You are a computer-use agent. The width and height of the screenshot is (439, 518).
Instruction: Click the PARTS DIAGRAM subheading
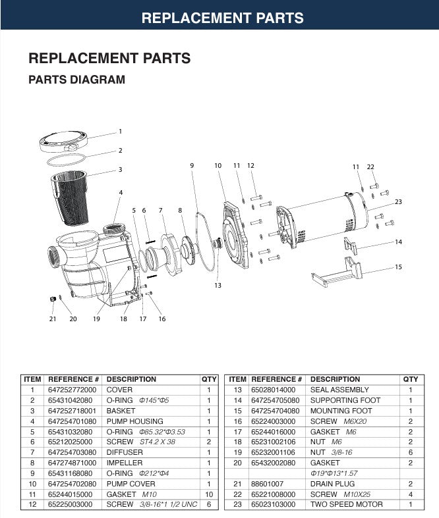(x=76, y=80)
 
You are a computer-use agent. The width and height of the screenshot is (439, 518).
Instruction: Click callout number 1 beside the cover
(x=120, y=131)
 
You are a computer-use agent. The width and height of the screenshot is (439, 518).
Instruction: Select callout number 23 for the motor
(x=398, y=201)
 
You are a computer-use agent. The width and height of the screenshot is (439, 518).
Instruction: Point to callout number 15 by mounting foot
(x=398, y=267)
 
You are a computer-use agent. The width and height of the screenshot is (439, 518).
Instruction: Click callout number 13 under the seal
(x=218, y=286)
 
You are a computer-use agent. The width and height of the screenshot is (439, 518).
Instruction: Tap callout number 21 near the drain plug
(x=53, y=319)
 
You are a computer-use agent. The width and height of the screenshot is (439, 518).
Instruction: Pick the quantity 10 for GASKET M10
(x=208, y=493)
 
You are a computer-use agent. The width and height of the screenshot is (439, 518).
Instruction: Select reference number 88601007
(x=265, y=483)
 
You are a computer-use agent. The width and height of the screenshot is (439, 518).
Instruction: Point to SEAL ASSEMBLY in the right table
(x=339, y=390)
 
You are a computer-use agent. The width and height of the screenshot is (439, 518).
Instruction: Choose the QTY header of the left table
(x=208, y=379)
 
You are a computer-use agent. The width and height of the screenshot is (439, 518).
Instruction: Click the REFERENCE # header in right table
(x=277, y=379)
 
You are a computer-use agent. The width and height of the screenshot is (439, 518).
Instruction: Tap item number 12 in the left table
(x=32, y=504)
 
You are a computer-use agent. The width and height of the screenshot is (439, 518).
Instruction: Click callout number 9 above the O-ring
(x=192, y=165)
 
